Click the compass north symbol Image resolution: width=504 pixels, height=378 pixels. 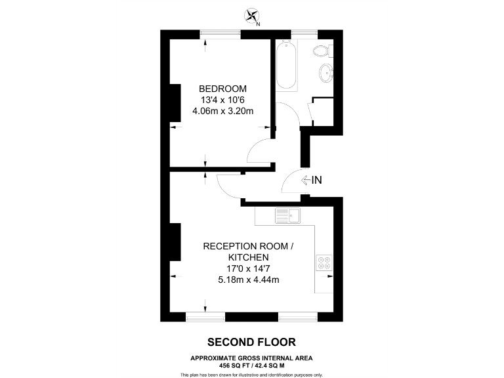pos(251,16)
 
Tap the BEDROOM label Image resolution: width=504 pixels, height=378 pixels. pos(222,89)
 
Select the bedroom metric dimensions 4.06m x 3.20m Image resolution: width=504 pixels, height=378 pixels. pos(222,111)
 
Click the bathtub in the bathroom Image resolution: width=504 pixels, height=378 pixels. pos(286,66)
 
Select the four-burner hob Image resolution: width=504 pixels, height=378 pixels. pos(324,262)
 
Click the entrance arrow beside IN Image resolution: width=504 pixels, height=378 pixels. pos(305,180)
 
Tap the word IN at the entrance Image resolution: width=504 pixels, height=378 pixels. pos(317,180)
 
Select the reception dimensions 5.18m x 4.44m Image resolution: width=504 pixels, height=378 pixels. pos(249,280)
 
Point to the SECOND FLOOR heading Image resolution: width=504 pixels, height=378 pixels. pos(251,342)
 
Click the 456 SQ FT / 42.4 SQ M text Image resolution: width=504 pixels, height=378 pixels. pos(251,365)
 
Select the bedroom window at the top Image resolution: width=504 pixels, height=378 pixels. pos(220,33)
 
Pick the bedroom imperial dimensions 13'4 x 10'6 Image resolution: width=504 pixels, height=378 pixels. pos(222,100)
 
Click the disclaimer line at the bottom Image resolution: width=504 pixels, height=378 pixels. pos(251,375)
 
